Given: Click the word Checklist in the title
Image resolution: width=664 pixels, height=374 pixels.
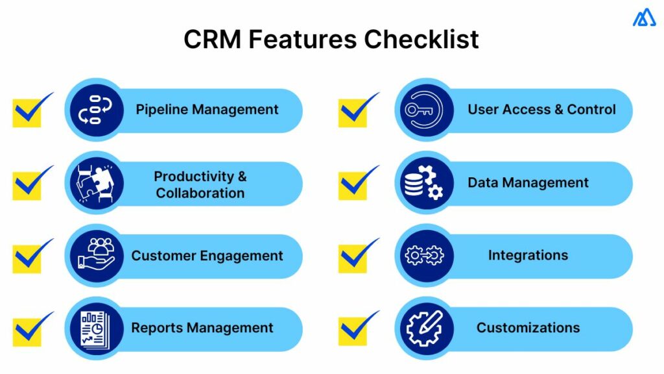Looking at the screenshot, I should (421, 40).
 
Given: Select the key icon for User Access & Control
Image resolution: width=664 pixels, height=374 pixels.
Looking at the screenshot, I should (423, 110).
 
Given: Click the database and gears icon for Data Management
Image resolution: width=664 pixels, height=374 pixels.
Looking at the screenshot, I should (423, 183).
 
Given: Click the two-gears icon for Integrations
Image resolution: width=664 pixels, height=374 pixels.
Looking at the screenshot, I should (423, 255).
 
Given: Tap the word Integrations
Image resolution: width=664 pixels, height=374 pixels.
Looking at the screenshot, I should (528, 255).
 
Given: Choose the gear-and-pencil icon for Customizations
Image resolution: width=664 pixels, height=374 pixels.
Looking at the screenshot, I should (423, 328).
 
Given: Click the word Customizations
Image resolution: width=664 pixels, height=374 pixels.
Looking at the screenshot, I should (528, 328).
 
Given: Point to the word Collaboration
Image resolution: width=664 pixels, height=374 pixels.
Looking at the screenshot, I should (200, 193).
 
